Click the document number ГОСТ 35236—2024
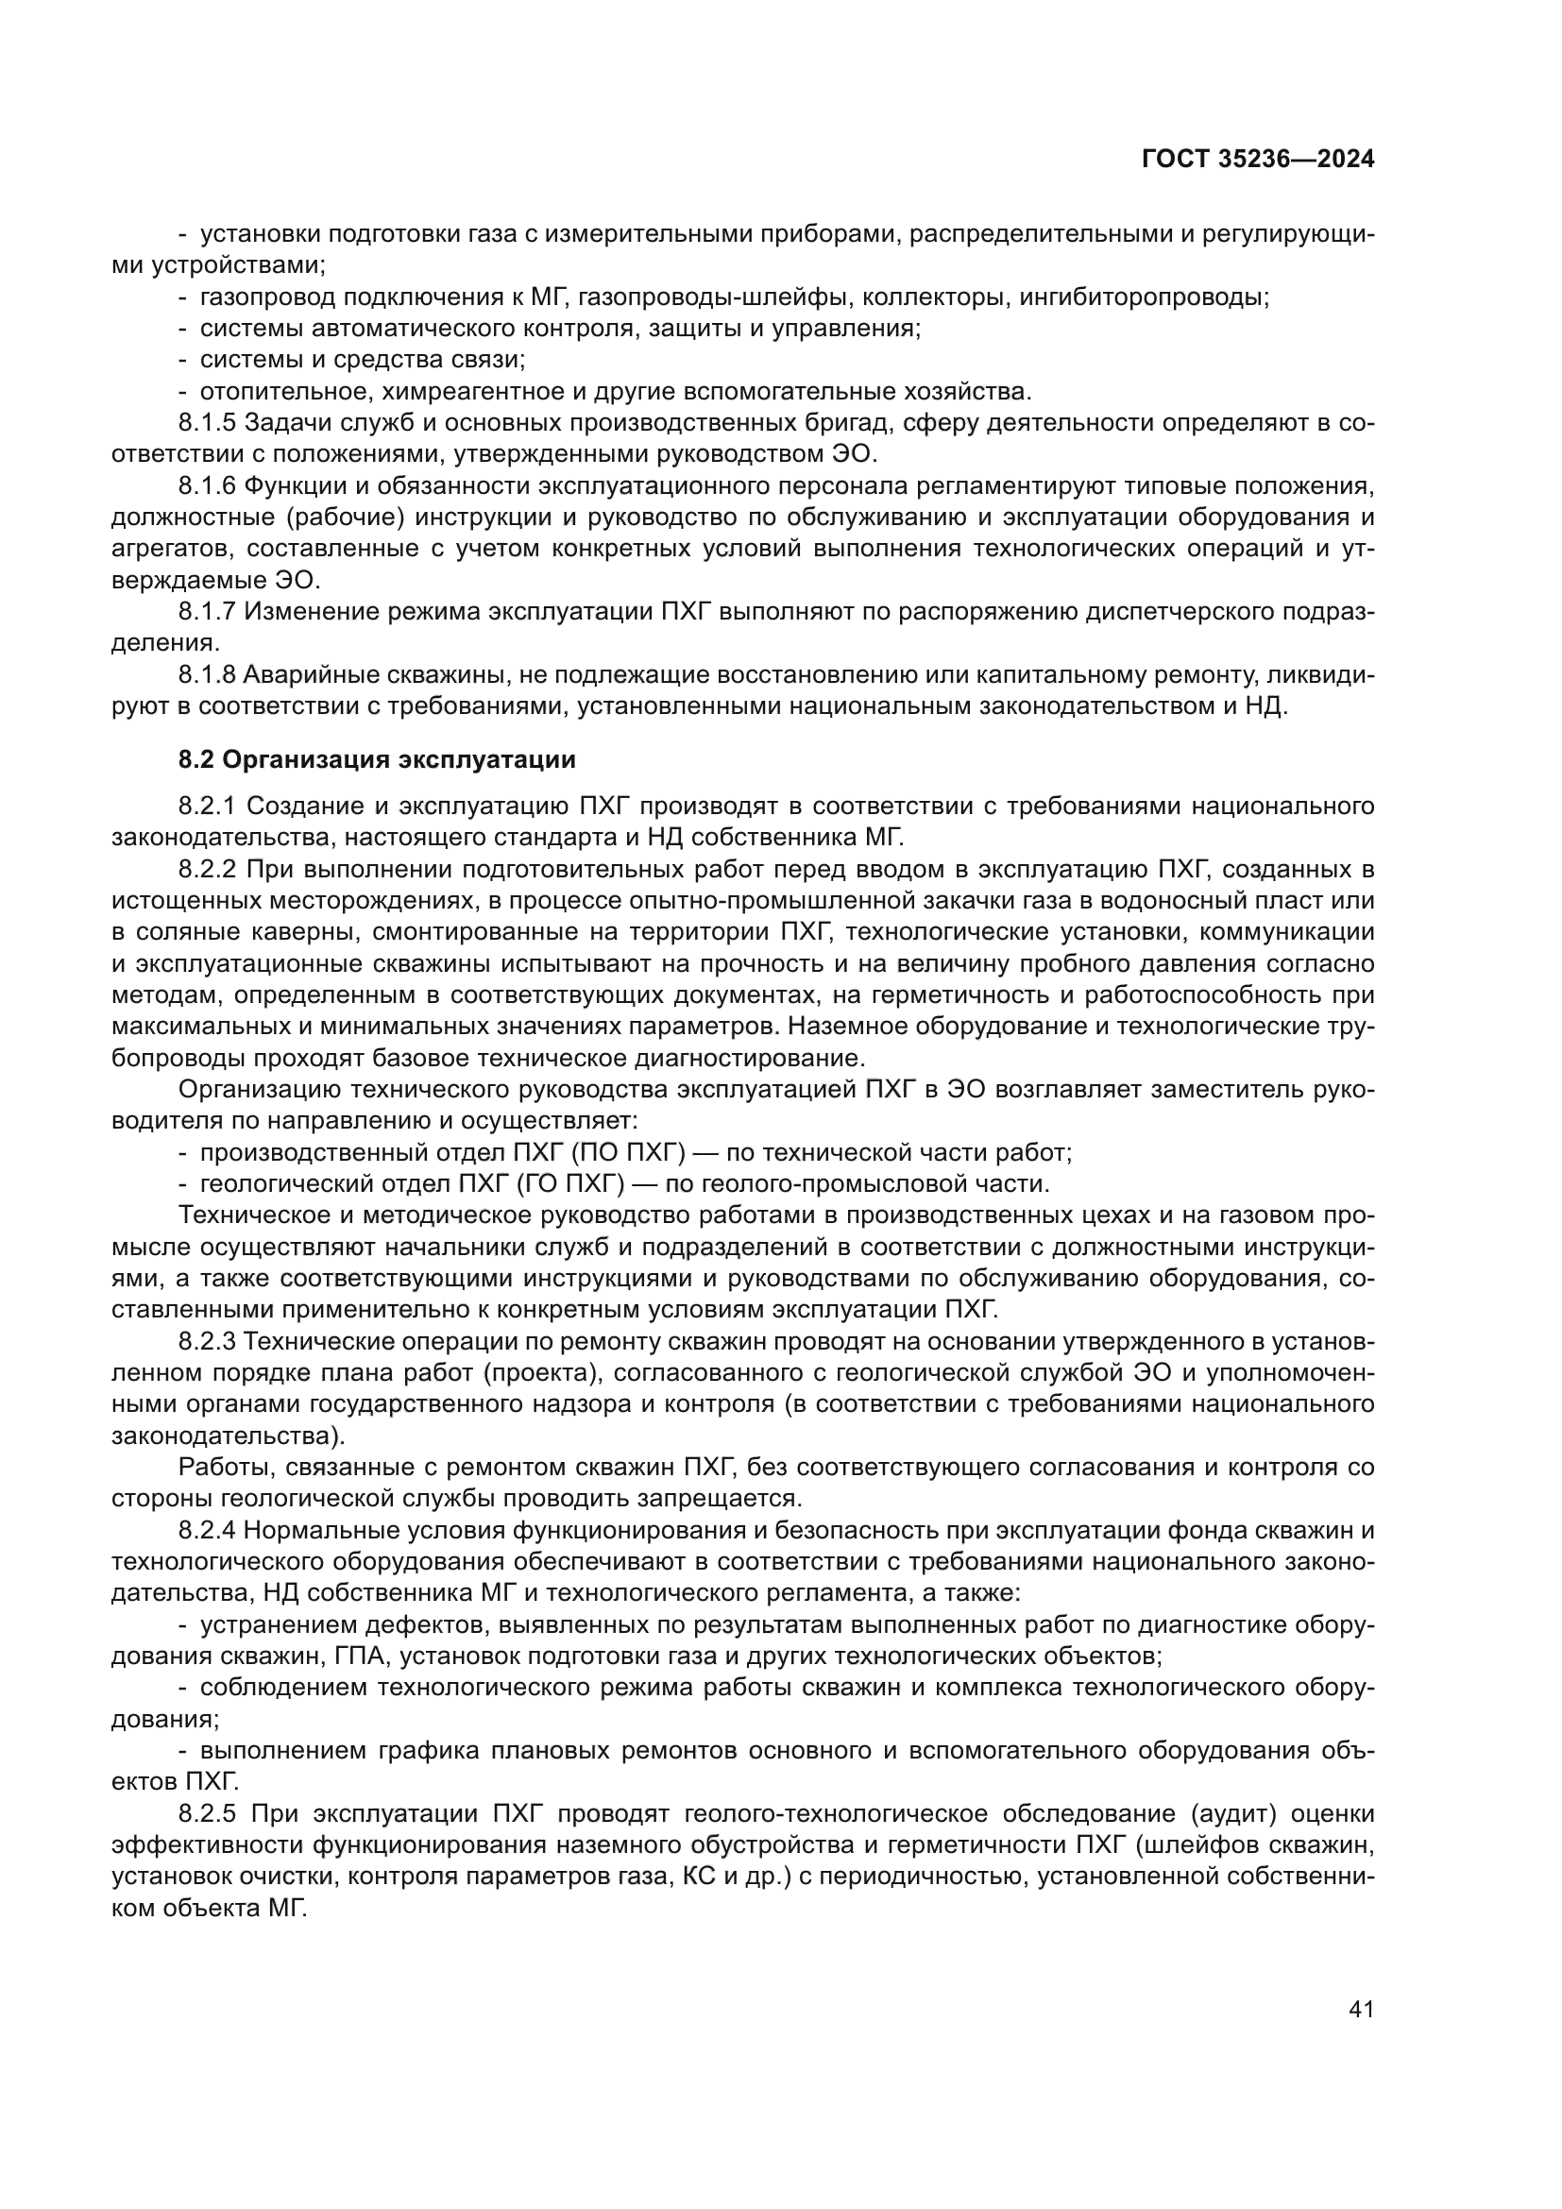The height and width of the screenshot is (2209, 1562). (x=1257, y=159)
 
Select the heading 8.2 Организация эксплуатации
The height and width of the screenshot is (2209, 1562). (x=377, y=760)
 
